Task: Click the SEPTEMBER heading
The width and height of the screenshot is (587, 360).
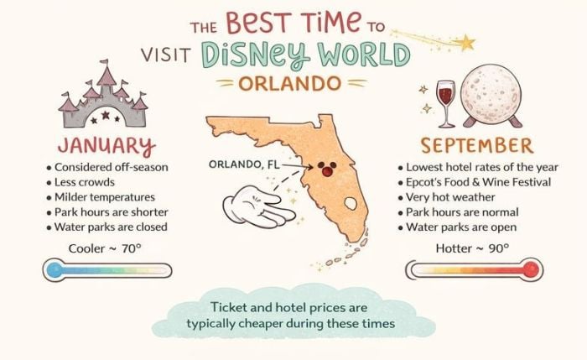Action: click(x=475, y=143)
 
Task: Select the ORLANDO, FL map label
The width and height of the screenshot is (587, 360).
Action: click(x=244, y=164)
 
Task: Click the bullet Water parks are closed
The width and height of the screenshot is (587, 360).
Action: click(x=112, y=227)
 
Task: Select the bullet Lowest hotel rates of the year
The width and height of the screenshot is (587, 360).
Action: click(x=475, y=167)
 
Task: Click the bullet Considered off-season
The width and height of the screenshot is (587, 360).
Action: click(x=112, y=167)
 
